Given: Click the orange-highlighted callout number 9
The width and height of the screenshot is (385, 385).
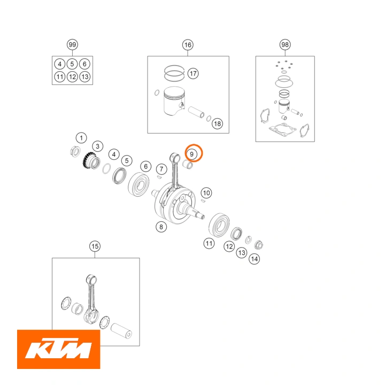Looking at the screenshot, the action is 192,154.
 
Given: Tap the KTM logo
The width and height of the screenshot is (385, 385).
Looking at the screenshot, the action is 59,349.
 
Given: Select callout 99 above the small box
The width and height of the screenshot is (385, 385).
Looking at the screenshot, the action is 72,45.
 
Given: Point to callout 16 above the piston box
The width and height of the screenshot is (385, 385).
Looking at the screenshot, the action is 188,45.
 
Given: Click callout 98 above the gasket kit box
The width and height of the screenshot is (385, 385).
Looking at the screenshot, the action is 285,45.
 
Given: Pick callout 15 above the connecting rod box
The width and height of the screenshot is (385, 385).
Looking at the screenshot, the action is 95,247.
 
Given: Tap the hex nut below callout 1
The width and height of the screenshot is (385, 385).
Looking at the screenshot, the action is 75,151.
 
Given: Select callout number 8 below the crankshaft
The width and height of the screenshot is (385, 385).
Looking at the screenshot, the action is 161,227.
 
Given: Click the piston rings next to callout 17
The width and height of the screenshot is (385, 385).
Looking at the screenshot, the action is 174,73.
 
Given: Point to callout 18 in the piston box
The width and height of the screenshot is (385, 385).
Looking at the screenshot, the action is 218,124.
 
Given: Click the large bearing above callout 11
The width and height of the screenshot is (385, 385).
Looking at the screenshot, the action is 219,225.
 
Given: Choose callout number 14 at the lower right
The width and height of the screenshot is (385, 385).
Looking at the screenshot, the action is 255,259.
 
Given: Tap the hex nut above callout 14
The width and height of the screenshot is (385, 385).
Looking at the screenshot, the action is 259,245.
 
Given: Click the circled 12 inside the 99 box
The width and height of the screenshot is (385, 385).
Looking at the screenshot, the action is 72,77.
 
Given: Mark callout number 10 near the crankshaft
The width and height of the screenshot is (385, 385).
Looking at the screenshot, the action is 206,193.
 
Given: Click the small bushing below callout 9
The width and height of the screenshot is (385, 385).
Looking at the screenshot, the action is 188,164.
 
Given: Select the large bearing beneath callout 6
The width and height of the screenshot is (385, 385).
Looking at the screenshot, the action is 138,184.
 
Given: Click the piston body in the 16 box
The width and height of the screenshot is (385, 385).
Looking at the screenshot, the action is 174,101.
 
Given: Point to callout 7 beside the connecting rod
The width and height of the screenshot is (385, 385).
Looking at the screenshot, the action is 161,169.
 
